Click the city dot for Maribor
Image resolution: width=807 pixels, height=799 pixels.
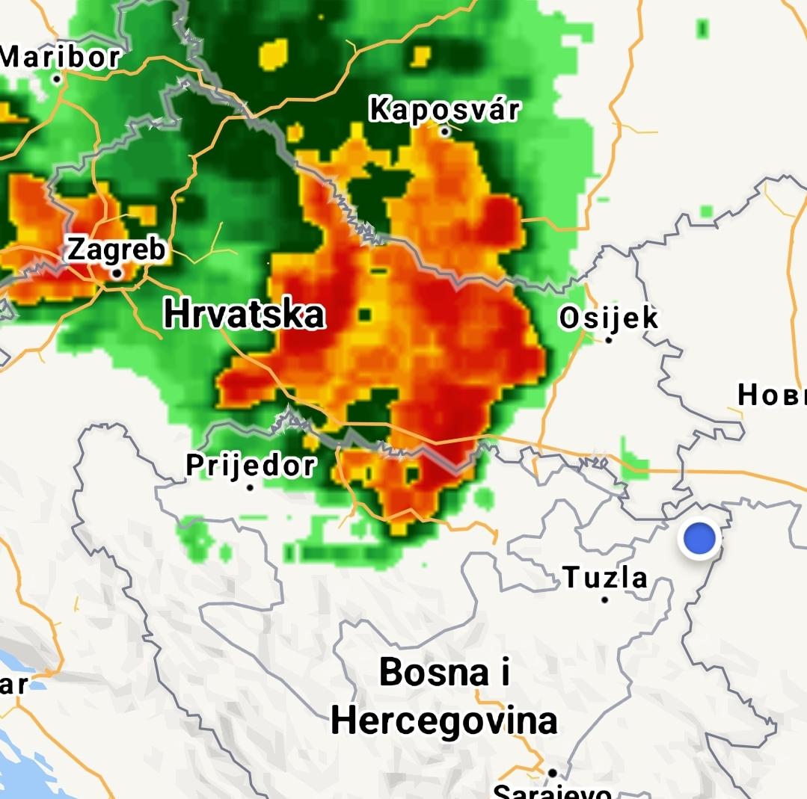pyautogui.click(x=57, y=78)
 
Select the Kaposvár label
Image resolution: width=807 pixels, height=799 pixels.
pyautogui.click(x=444, y=110)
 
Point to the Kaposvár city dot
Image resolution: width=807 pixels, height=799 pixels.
pyautogui.click(x=445, y=132)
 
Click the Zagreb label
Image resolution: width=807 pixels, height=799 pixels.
pyautogui.click(x=116, y=250)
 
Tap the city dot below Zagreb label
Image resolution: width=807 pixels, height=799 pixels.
pyautogui.click(x=117, y=274)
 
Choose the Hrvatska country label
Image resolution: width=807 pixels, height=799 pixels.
pyautogui.click(x=244, y=314)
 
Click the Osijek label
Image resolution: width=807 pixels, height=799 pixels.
pyautogui.click(x=609, y=318)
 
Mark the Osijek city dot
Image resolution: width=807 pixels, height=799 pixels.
pyautogui.click(x=609, y=340)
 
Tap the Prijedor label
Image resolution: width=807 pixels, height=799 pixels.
pyautogui.click(x=251, y=465)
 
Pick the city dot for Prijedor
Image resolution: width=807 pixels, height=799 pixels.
pyautogui.click(x=250, y=487)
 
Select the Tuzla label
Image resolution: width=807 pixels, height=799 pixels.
pyautogui.click(x=605, y=577)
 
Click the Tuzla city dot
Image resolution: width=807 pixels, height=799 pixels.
pyautogui.click(x=605, y=599)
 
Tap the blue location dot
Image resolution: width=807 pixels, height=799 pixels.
pyautogui.click(x=699, y=538)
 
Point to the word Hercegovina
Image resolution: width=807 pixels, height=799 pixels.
pyautogui.click(x=444, y=721)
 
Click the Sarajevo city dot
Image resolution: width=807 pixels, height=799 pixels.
pyautogui.click(x=552, y=773)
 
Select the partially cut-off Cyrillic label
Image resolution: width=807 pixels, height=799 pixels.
pyautogui.click(x=772, y=395)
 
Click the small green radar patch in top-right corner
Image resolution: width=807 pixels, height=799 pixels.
pyautogui.click(x=702, y=28)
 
